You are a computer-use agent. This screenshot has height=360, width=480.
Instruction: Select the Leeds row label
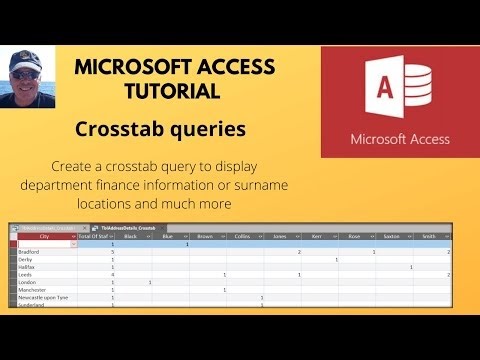tap(27, 274)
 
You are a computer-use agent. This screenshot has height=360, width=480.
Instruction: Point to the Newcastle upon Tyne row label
tap(45, 297)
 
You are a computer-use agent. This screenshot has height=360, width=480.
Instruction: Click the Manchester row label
tap(35, 289)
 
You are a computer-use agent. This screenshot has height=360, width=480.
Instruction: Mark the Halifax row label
tap(29, 267)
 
